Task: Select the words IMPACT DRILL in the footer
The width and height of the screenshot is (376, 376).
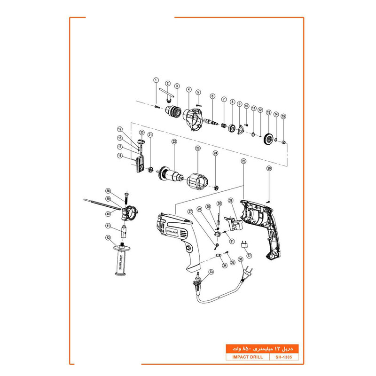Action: (x=244, y=357)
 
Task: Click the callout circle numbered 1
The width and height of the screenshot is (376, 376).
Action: (x=156, y=80)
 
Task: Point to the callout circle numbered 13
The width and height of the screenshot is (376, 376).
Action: (x=269, y=112)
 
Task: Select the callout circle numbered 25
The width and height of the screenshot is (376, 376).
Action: (x=243, y=161)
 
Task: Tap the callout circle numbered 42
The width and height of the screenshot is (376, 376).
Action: (x=108, y=238)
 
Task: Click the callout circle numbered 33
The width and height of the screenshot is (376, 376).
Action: (x=211, y=272)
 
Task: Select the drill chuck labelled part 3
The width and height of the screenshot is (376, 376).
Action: (x=172, y=111)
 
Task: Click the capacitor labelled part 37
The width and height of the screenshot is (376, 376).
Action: (x=244, y=244)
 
